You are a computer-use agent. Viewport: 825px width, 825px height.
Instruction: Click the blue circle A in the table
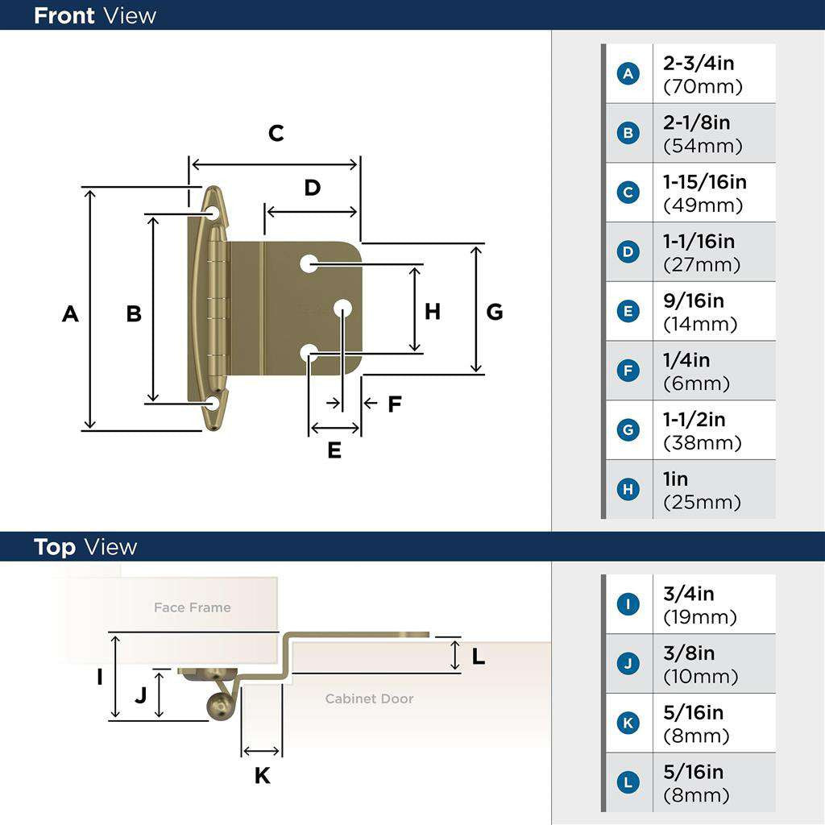tap(628, 74)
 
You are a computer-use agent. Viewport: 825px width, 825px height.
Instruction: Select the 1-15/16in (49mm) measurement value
tap(704, 193)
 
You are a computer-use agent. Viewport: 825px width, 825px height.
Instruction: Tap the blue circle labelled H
tap(628, 490)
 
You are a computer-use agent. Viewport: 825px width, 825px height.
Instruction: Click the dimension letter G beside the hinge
tap(495, 312)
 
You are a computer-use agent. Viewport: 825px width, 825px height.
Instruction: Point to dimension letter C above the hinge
tap(276, 133)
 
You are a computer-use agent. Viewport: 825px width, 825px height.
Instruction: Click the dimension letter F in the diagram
tap(394, 404)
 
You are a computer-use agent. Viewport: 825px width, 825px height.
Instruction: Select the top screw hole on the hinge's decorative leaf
tap(213, 213)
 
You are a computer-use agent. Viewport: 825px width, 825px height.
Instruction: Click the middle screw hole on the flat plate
tap(342, 308)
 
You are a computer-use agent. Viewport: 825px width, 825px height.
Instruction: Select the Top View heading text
tap(85, 547)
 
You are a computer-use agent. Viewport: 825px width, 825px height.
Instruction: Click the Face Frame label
tap(192, 607)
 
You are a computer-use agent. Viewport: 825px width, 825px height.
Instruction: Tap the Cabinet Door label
tap(369, 699)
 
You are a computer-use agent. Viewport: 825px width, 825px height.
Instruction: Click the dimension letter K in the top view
tap(262, 776)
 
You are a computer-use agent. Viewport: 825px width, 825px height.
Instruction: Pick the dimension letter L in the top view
tap(479, 657)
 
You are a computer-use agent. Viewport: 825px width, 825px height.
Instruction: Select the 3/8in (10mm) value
tap(699, 665)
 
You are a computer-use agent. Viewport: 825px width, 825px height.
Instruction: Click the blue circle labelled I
tap(628, 604)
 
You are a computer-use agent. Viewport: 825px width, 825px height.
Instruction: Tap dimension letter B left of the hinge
tap(134, 313)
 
